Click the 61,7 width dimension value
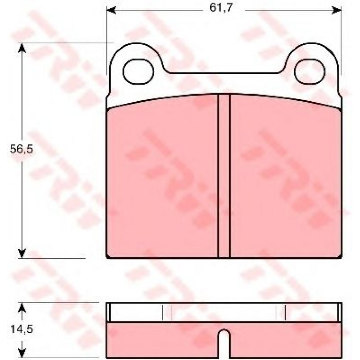221,8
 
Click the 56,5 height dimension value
21,149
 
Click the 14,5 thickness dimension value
21,329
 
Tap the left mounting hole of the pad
138,72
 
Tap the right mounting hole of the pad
310,72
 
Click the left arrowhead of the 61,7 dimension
111,10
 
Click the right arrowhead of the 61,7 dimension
337,10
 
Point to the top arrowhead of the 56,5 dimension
22,48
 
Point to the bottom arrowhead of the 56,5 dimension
22,253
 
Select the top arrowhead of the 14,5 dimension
22,308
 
